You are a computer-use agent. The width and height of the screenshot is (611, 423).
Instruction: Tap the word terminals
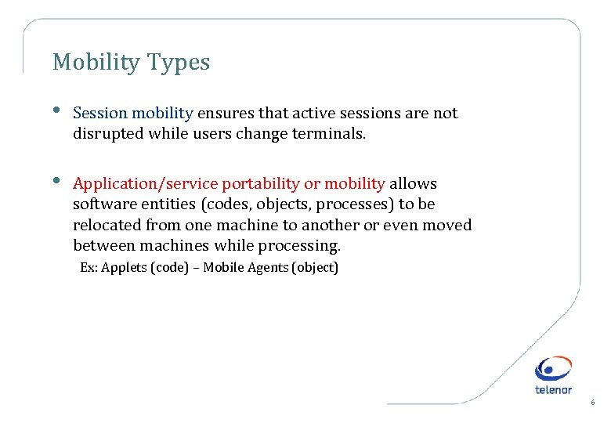(328, 133)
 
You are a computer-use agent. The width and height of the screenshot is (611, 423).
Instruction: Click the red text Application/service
(145, 183)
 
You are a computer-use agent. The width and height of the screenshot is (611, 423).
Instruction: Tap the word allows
(413, 183)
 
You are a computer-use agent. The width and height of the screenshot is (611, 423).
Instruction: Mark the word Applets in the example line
(124, 268)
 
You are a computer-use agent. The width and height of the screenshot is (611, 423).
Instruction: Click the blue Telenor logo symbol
(553, 369)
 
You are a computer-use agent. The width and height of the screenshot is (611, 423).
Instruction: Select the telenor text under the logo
(553, 389)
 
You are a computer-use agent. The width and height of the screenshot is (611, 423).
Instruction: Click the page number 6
(592, 403)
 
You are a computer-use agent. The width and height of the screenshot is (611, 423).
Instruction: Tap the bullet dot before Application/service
(58, 181)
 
